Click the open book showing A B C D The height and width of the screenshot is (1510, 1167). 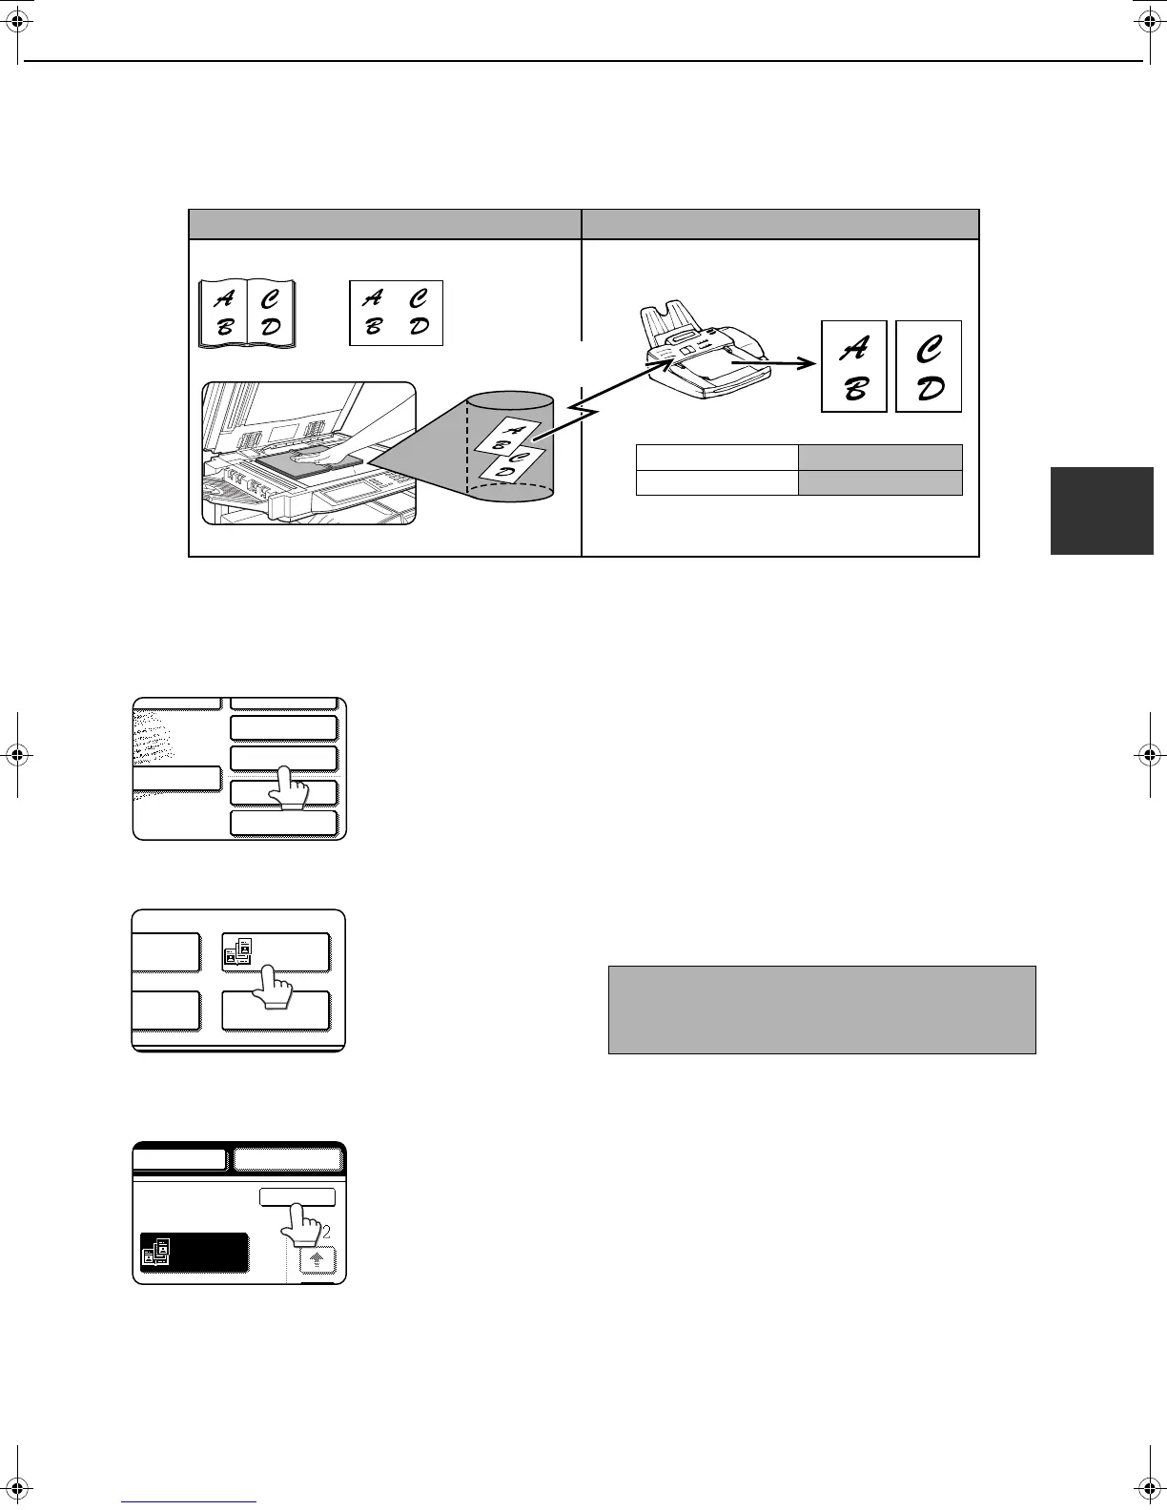coord(247,313)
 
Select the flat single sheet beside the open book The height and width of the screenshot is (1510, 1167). coord(396,313)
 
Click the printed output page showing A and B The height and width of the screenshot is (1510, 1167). coord(854,366)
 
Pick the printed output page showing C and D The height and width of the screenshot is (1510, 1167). coord(929,366)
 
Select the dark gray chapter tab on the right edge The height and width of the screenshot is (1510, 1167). coord(1101,511)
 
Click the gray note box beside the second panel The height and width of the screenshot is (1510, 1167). coord(822,1010)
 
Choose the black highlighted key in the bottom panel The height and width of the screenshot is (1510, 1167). coord(194,1253)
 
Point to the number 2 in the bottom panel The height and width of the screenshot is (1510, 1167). coord(326,1231)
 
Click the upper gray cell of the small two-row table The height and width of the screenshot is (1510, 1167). coord(879,457)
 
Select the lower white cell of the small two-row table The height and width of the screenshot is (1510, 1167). coord(717,482)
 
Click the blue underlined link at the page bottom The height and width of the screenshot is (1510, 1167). coord(190,1502)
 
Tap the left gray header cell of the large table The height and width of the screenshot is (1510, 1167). coord(385,224)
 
